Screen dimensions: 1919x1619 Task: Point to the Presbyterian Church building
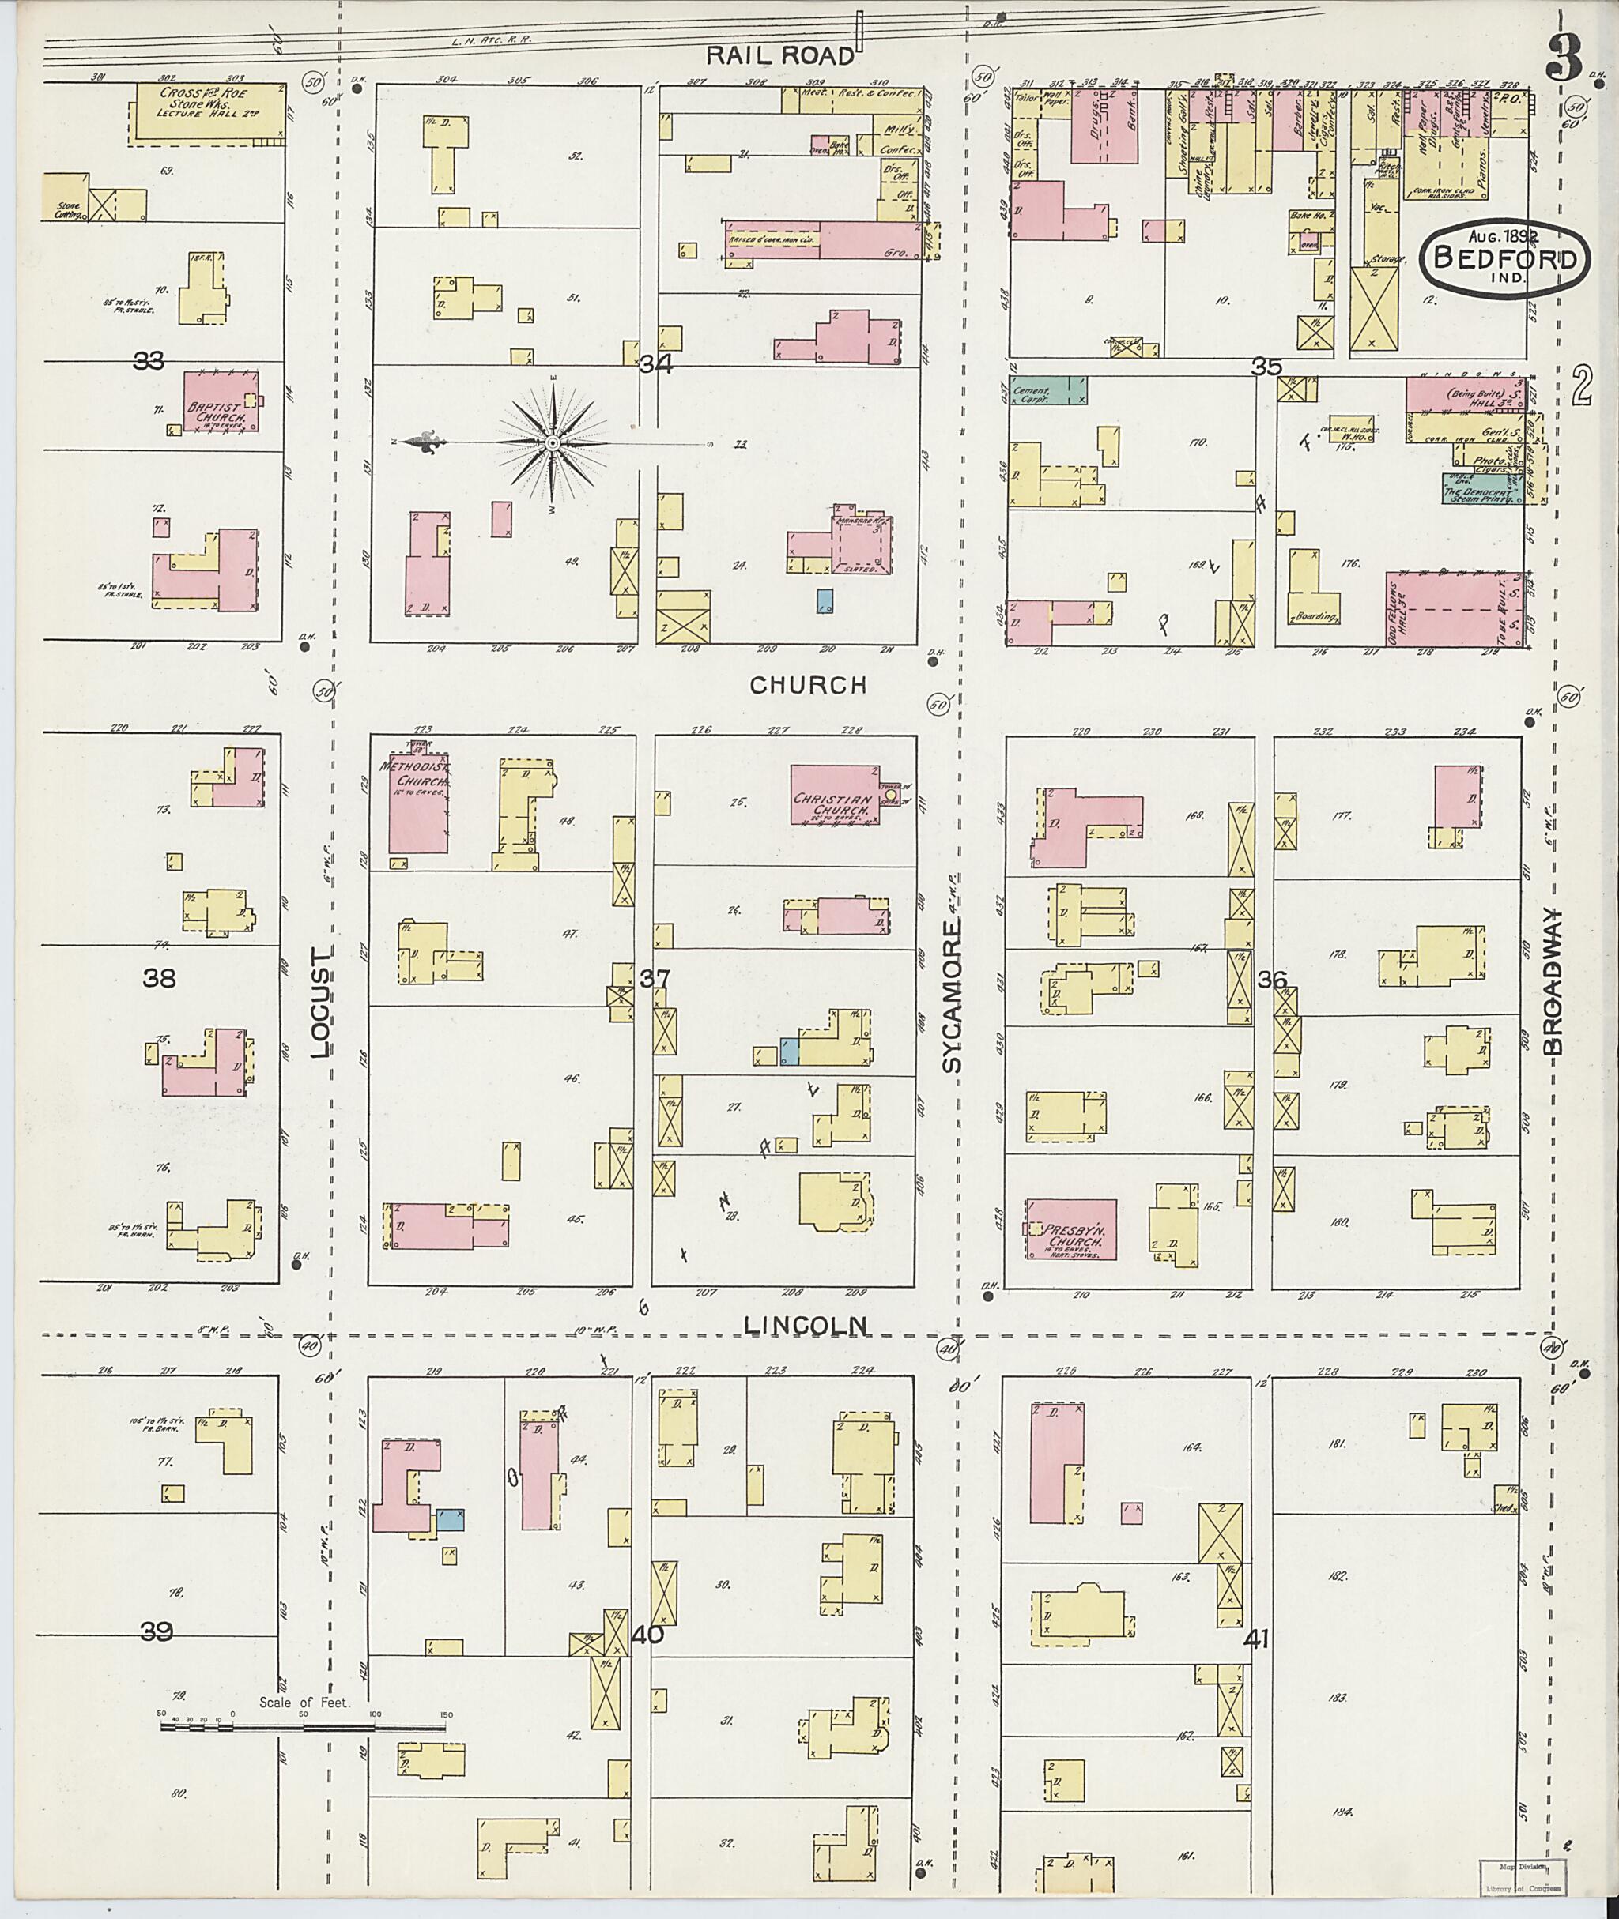point(1070,1229)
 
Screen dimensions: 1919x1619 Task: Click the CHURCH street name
point(808,685)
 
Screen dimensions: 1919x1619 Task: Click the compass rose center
point(553,443)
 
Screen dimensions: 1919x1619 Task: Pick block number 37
point(655,980)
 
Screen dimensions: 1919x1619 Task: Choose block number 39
point(157,1631)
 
